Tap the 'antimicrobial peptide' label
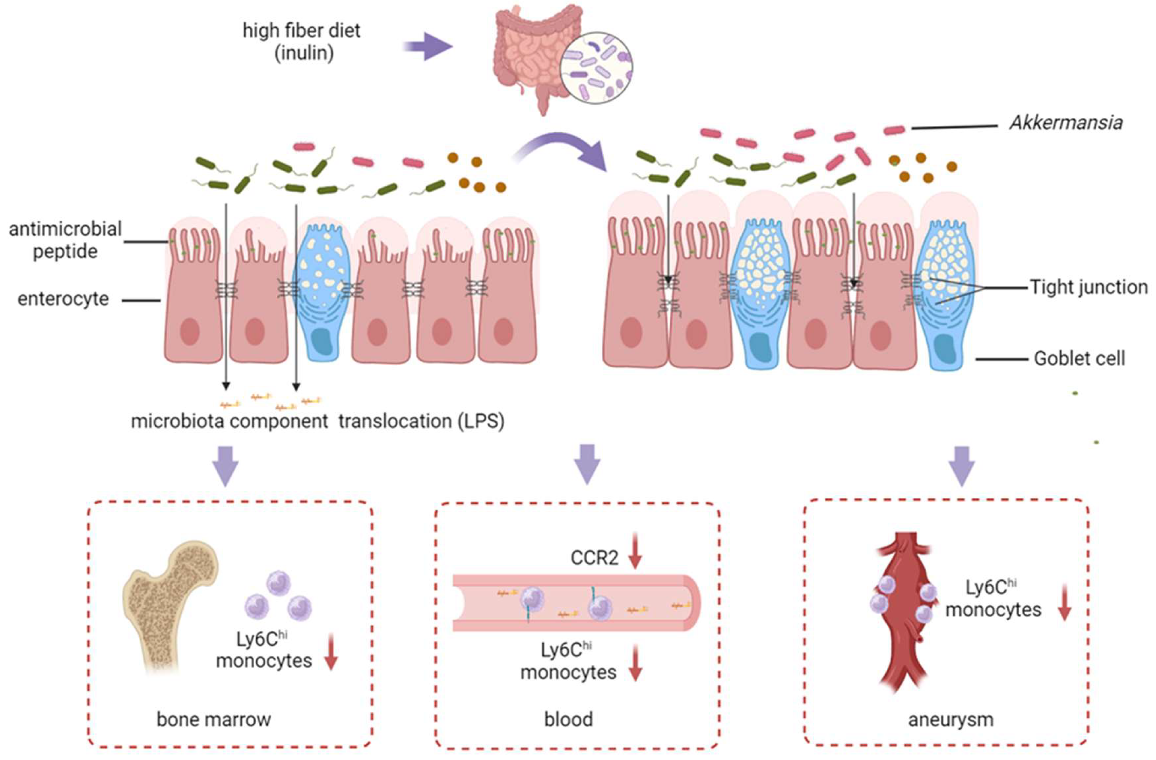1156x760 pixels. (x=65, y=240)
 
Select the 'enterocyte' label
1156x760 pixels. (x=63, y=299)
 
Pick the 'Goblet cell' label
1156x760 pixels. (x=1079, y=359)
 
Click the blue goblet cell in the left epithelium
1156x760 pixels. (x=323, y=291)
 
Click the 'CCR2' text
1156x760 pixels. (x=594, y=559)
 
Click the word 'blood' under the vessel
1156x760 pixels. (x=568, y=719)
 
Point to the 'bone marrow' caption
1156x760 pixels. (x=214, y=719)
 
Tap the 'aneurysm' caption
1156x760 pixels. (x=951, y=719)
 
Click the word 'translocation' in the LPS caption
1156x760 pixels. (x=395, y=421)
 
